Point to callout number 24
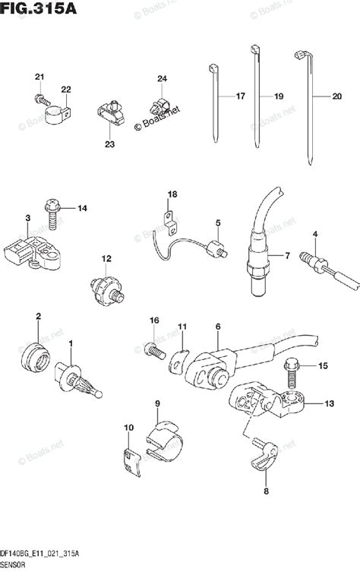(x=162, y=79)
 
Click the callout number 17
(x=240, y=97)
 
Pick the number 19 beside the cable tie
(x=278, y=97)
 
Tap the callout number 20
(x=336, y=97)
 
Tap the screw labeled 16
(x=153, y=350)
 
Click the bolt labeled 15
(x=292, y=373)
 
